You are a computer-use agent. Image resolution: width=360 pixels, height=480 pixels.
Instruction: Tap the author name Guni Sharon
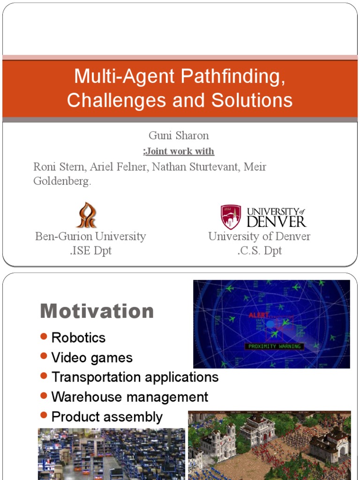(x=179, y=135)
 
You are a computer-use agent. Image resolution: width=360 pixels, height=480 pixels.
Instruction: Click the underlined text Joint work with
(x=179, y=151)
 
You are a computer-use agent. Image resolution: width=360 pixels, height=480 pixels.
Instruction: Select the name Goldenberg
(x=61, y=181)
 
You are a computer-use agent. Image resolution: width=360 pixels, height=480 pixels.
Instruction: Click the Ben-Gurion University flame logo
(x=86, y=215)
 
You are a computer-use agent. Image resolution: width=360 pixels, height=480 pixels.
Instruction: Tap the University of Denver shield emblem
(x=231, y=216)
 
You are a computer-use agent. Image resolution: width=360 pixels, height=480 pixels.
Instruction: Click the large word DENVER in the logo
(x=276, y=221)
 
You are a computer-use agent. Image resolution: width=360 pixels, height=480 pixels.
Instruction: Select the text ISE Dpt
(x=91, y=250)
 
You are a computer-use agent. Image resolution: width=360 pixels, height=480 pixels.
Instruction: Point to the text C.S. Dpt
(x=259, y=250)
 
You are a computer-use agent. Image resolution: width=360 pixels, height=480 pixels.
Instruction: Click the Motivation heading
(x=97, y=311)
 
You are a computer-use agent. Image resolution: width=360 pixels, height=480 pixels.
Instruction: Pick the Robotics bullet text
(x=78, y=337)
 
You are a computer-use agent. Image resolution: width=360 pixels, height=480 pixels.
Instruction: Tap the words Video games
(x=92, y=358)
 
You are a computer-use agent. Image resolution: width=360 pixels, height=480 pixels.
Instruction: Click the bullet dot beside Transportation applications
(x=44, y=376)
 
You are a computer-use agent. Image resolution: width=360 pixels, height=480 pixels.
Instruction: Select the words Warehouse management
(x=130, y=397)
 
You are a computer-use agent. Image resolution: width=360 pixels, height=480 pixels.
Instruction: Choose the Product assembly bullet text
(x=107, y=417)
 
